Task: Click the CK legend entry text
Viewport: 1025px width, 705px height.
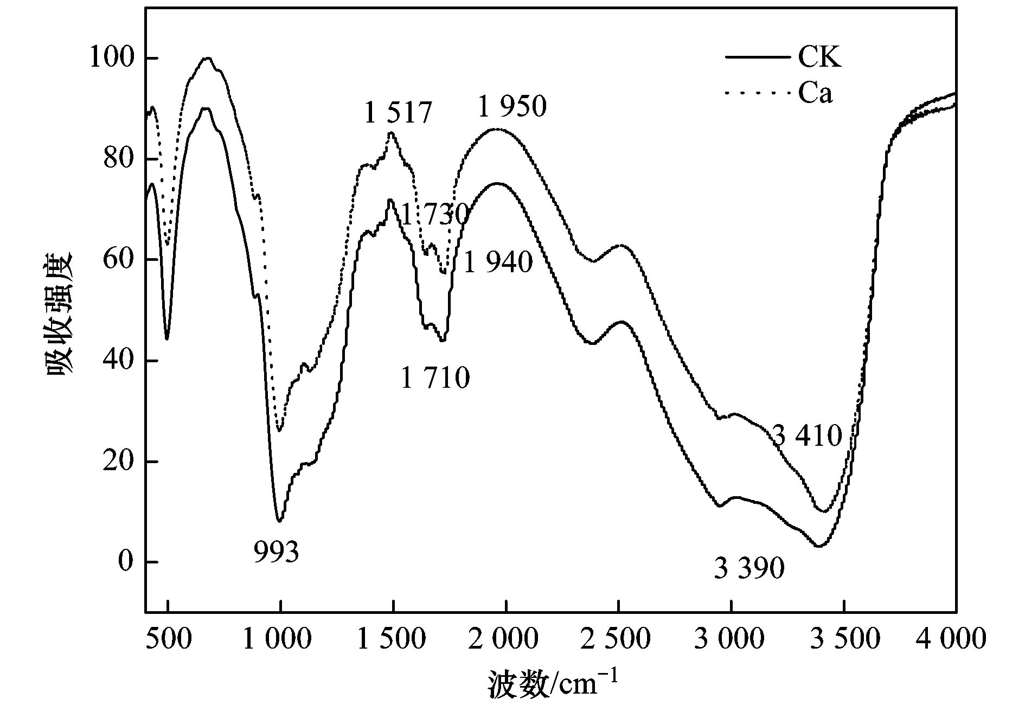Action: (x=819, y=57)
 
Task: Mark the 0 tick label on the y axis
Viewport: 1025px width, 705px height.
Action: (x=125, y=562)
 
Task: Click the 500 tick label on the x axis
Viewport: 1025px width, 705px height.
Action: (x=168, y=639)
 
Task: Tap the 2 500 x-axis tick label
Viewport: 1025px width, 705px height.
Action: (x=617, y=639)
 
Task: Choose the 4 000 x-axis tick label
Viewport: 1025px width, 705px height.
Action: (x=950, y=639)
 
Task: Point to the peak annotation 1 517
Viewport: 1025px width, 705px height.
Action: (x=398, y=113)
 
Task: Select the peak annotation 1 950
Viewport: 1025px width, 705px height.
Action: (x=512, y=107)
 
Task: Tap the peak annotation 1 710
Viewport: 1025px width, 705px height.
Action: (x=435, y=378)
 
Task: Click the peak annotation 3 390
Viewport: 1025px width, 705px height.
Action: (x=749, y=569)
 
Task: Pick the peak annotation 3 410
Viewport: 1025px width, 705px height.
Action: (x=806, y=435)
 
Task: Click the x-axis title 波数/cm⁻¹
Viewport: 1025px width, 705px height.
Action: (x=552, y=684)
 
